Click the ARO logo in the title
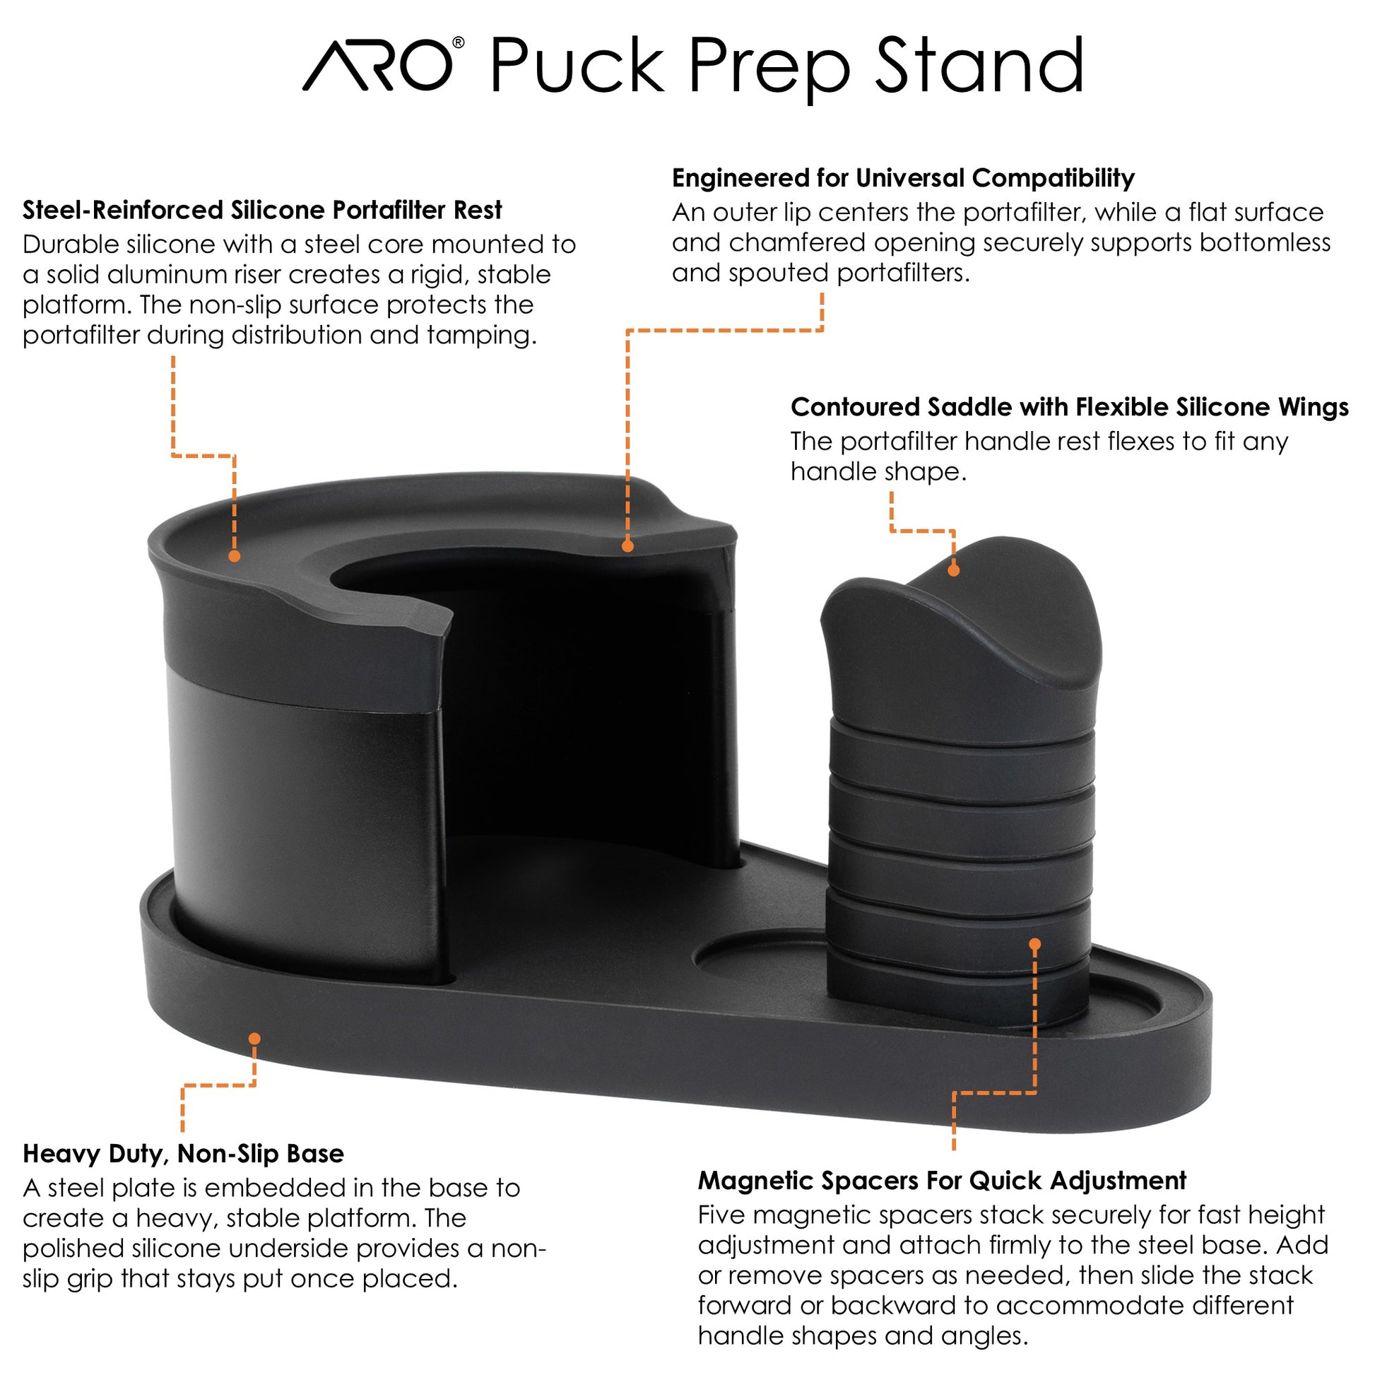coord(377,66)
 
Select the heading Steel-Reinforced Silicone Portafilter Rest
coord(262,210)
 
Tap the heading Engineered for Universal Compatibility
coord(902,178)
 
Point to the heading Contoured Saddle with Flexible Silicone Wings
coord(1069,407)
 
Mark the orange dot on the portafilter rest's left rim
coord(234,556)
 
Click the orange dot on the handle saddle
coord(954,570)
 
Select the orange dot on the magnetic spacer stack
coord(1035,945)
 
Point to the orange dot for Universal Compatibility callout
coord(627,546)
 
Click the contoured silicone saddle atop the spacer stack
coord(961,641)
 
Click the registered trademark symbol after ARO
coord(459,42)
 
